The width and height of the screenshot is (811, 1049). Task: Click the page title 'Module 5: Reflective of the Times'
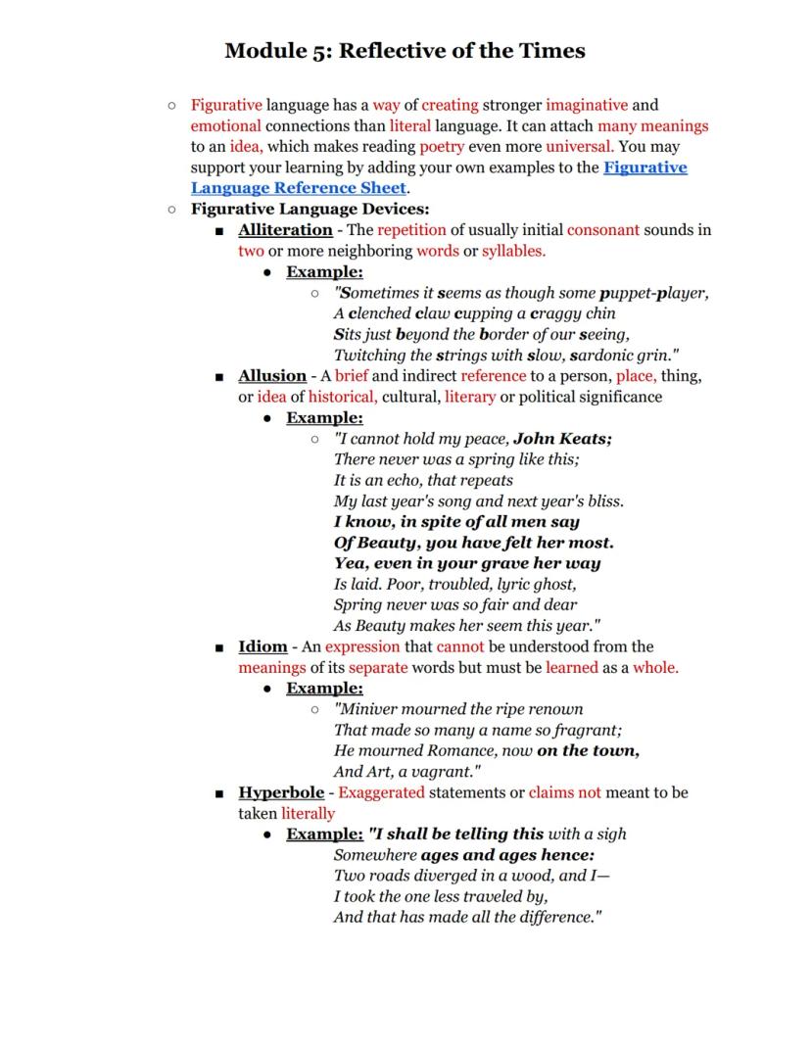[405, 51]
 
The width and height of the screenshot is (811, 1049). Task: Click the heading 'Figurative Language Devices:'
[310, 209]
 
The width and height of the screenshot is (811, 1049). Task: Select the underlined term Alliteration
[285, 230]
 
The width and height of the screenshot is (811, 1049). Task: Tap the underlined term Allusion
[272, 376]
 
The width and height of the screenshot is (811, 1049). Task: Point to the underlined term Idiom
[262, 646]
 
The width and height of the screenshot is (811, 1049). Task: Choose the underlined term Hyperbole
[281, 792]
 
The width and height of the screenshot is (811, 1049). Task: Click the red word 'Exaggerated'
[381, 792]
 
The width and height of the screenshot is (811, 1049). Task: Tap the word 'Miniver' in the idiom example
[370, 709]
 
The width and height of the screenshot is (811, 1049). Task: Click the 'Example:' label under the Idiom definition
[324, 689]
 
